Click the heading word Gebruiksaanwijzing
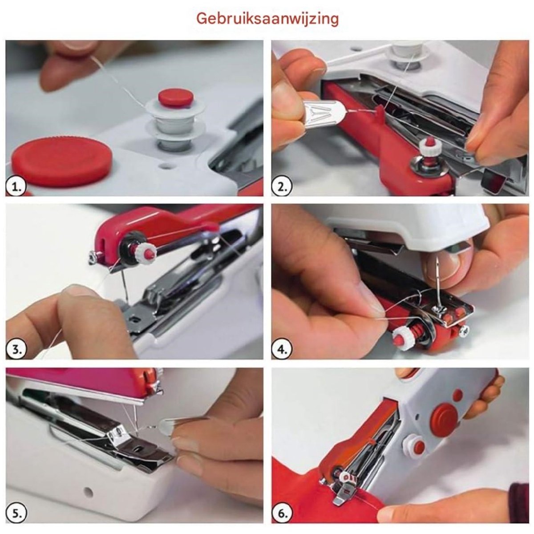click(x=267, y=19)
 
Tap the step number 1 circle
click(x=16, y=188)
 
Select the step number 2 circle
click(x=281, y=188)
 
